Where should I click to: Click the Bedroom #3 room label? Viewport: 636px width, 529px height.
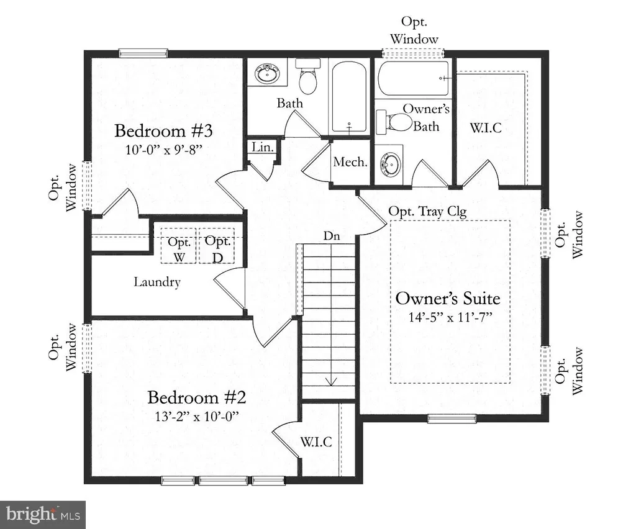point(163,131)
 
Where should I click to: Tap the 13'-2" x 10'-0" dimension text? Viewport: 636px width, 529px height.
point(197,417)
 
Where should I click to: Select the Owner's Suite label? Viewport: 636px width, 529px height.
point(448,299)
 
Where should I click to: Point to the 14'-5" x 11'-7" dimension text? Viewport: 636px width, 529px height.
point(450,317)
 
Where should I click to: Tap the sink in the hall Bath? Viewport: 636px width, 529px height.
point(267,74)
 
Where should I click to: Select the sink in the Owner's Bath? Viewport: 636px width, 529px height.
point(390,164)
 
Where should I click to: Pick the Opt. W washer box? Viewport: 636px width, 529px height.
point(178,246)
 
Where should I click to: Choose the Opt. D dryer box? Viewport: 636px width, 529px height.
point(217,246)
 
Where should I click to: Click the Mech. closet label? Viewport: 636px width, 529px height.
point(350,162)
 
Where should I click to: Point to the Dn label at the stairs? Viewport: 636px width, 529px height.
point(332,235)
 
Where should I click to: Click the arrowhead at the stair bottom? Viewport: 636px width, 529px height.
point(332,382)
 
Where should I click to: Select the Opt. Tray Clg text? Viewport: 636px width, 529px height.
point(427,212)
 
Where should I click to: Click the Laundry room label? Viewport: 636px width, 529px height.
point(157,282)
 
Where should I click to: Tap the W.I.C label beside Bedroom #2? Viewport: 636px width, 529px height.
point(316,441)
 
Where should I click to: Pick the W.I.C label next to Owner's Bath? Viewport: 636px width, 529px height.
point(486,128)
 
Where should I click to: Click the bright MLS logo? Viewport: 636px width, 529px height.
point(43,515)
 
